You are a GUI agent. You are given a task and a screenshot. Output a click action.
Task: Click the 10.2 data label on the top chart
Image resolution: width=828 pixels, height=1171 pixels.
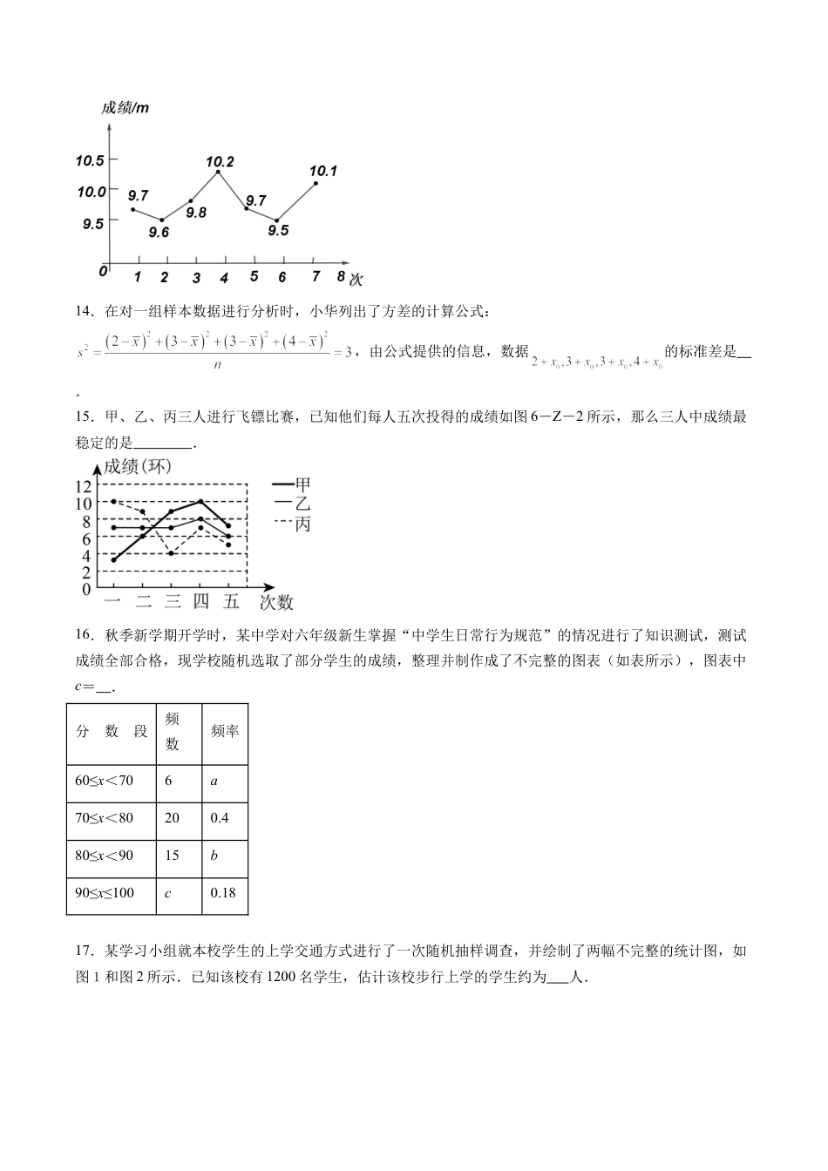220,161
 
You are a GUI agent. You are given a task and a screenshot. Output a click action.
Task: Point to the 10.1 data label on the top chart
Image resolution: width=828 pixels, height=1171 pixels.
323,171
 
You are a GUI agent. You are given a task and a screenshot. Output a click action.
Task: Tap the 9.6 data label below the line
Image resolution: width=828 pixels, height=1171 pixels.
159,232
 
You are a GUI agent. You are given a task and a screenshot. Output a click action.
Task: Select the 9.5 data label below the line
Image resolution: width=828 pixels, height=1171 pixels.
278,230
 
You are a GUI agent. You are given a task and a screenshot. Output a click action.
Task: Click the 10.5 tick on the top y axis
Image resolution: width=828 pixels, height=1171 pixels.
90,160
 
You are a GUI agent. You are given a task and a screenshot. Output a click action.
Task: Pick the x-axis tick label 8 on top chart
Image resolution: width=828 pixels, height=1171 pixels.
341,276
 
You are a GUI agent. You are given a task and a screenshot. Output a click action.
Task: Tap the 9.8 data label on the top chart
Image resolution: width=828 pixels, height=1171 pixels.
196,212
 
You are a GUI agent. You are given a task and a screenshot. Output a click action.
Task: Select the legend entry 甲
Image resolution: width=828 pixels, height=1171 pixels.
302,484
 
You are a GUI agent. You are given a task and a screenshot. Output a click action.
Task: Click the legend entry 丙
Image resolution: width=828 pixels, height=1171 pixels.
302,524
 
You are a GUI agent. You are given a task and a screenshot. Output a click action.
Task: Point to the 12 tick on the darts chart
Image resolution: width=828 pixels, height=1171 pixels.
83,486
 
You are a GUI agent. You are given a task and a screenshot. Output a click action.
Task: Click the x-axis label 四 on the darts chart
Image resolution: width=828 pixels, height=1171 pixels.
200,601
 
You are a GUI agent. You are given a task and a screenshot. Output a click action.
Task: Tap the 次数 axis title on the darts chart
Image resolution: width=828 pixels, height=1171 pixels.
276,602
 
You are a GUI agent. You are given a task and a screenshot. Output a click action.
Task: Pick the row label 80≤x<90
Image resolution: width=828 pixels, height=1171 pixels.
105,855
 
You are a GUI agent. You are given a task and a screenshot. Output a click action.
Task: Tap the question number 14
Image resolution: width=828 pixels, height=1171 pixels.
85,311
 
